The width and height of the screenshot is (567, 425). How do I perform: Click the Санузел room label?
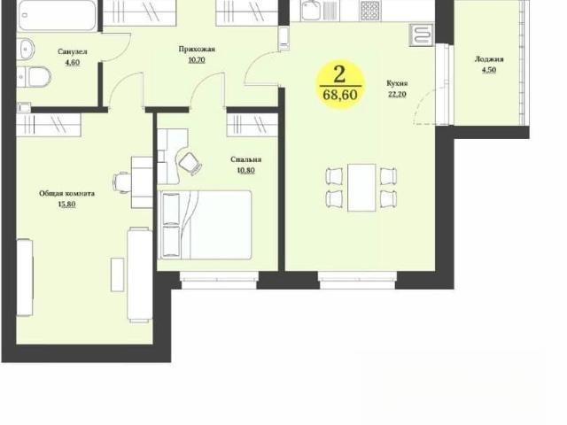(x=73, y=51)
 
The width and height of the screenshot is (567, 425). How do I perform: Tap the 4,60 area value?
(x=73, y=62)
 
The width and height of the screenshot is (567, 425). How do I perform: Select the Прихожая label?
(x=197, y=50)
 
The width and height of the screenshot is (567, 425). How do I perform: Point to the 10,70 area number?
(x=197, y=59)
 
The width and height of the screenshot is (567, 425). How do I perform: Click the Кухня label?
(x=397, y=83)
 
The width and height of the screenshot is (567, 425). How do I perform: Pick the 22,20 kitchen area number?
(x=397, y=95)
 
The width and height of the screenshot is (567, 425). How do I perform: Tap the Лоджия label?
(x=489, y=59)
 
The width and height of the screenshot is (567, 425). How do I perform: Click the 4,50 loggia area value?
(x=489, y=70)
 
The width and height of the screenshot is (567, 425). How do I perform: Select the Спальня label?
(x=246, y=159)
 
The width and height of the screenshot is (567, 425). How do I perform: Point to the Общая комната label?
(x=67, y=193)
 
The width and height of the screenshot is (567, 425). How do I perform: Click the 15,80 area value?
(x=67, y=205)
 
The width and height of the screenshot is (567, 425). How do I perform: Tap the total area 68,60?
(x=340, y=95)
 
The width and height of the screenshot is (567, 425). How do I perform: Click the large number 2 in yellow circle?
(x=339, y=74)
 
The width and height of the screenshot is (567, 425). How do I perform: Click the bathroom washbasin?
(x=26, y=49)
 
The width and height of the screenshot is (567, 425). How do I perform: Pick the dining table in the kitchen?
(x=361, y=188)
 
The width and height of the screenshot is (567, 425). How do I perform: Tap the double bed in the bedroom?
(x=206, y=225)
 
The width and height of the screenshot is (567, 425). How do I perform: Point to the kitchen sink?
(x=310, y=11)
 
